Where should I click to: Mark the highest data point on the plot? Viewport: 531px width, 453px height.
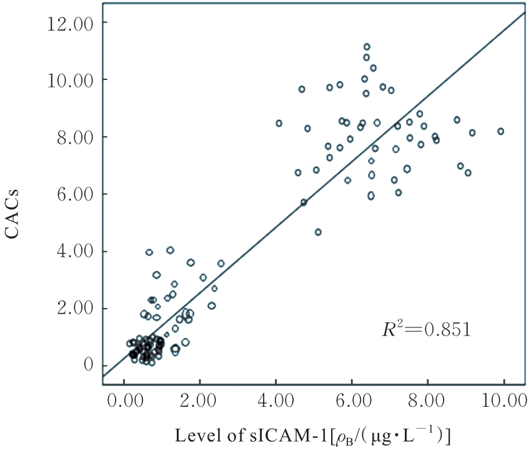367,47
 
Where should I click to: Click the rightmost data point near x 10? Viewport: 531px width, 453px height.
500,131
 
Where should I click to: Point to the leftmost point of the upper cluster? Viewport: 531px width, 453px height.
279,123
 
